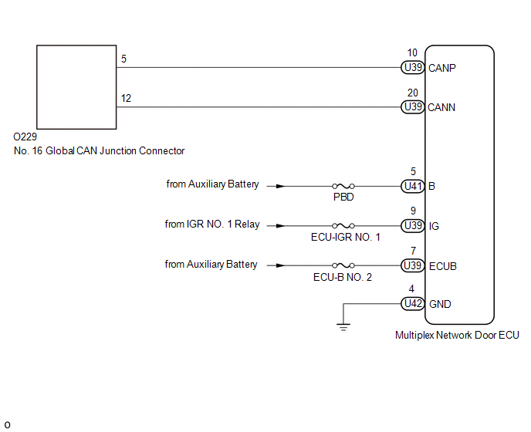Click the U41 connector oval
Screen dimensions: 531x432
point(412,186)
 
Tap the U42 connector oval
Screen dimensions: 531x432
point(412,304)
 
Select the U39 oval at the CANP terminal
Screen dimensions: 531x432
point(412,68)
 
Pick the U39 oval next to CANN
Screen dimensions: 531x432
point(412,107)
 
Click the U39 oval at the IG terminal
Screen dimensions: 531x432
point(412,225)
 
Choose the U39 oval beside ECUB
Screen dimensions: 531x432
point(412,265)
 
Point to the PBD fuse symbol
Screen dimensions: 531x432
point(343,186)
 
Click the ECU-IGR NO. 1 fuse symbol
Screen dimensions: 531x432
point(343,225)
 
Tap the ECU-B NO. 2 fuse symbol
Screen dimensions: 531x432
point(343,265)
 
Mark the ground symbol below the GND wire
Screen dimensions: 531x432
point(343,327)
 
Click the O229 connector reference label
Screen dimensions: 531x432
point(25,137)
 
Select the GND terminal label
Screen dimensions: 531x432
point(440,304)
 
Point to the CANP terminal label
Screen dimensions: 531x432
point(442,68)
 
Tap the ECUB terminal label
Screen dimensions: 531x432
point(442,266)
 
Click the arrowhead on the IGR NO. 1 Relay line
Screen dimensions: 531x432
point(280,226)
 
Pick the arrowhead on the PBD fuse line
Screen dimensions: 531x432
point(280,186)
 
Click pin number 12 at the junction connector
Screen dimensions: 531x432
point(126,98)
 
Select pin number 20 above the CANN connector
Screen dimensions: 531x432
point(412,93)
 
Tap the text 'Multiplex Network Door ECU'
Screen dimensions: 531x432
point(457,335)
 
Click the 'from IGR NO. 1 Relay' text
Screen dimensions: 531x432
point(212,224)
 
